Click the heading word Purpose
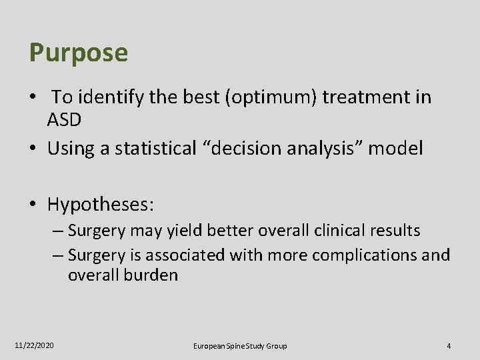(x=78, y=53)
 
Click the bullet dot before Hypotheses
(x=33, y=205)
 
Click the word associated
(x=185, y=255)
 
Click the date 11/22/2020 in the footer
(x=35, y=346)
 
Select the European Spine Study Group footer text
(x=240, y=346)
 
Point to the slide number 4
(x=449, y=346)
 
